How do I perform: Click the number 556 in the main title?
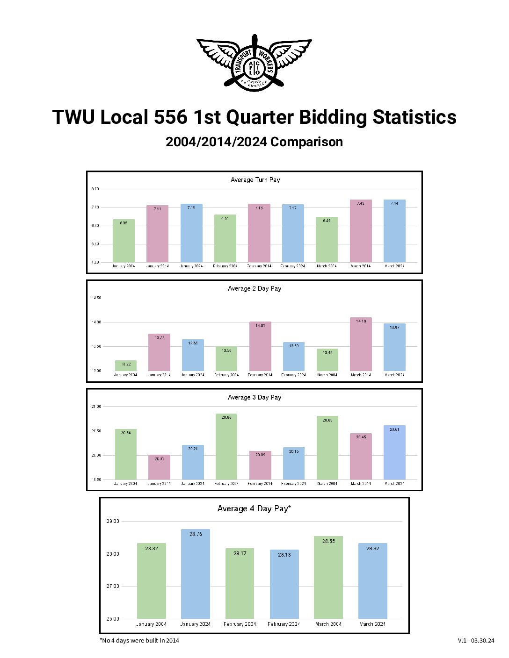click(x=171, y=117)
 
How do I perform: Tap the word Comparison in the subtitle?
click(x=306, y=142)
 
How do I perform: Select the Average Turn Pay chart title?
click(x=255, y=179)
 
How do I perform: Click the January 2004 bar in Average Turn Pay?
click(x=124, y=241)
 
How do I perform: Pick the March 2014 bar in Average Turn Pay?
click(x=361, y=231)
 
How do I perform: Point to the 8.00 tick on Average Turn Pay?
click(x=95, y=189)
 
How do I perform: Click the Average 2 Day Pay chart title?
click(x=254, y=288)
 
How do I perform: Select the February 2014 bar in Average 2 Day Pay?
click(x=260, y=346)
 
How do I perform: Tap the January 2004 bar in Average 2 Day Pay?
click(x=125, y=365)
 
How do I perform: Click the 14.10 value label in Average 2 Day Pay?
click(x=361, y=322)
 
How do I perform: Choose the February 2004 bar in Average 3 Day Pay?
click(x=226, y=446)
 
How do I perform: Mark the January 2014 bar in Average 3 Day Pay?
click(x=159, y=467)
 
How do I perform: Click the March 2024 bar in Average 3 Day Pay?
click(x=394, y=452)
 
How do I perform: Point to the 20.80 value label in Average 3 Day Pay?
click(x=327, y=420)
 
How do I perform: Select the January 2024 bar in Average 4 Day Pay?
click(x=196, y=574)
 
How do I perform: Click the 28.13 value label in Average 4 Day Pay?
click(x=284, y=555)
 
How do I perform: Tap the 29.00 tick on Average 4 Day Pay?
click(x=113, y=521)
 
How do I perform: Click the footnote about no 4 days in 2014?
click(x=139, y=640)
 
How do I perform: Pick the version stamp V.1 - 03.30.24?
click(x=476, y=640)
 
